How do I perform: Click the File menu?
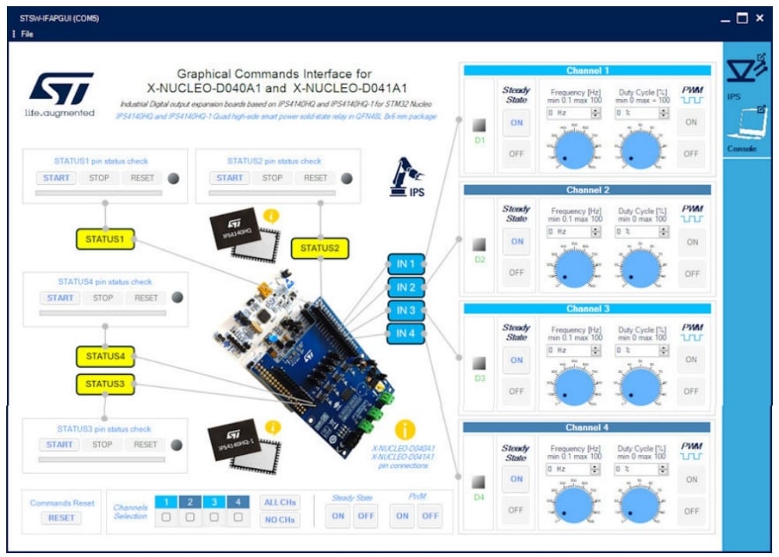(26, 34)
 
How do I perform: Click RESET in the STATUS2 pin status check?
(315, 178)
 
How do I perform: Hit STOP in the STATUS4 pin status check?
(103, 298)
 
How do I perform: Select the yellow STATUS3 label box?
(105, 384)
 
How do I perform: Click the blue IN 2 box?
(406, 287)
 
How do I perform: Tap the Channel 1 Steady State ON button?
(516, 122)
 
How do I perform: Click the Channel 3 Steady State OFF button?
(516, 391)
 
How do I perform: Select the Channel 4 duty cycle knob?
(640, 503)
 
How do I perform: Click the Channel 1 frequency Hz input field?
(569, 113)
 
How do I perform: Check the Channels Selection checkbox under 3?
(214, 517)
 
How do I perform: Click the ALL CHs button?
(279, 502)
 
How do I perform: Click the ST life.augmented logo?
(60, 93)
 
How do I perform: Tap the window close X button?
(760, 18)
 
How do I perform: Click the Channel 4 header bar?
(587, 428)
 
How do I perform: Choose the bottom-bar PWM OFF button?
(430, 516)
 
